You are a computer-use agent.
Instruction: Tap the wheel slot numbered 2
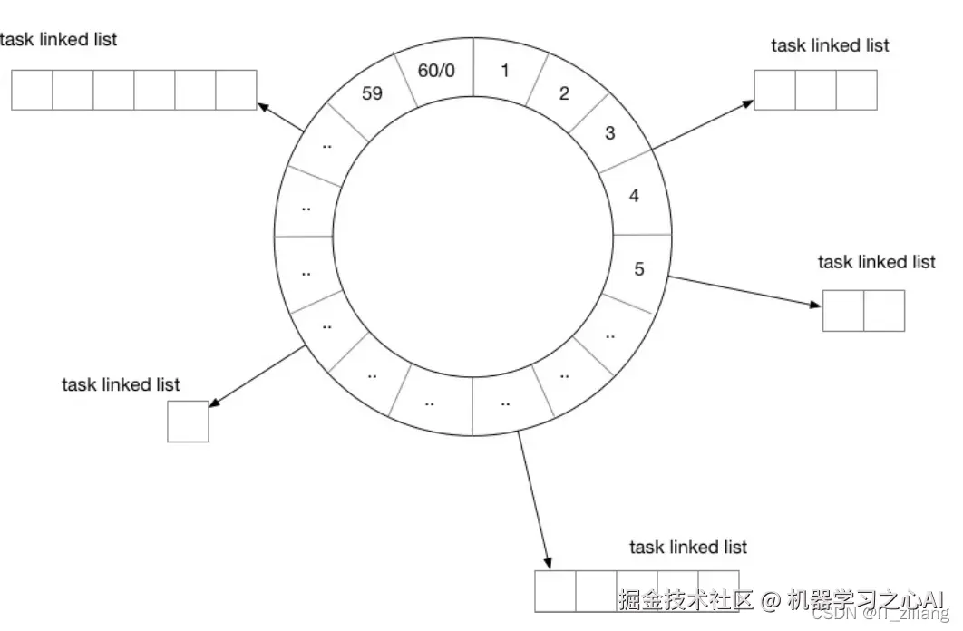(564, 92)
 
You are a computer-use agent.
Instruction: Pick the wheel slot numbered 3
(609, 133)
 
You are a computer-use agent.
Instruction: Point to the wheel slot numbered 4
(634, 195)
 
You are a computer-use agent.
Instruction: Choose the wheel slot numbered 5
(638, 269)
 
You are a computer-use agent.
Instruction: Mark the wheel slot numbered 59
(372, 92)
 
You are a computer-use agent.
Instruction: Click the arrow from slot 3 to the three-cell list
(704, 124)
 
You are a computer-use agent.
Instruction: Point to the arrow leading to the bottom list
(534, 500)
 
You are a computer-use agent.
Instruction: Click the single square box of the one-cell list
(188, 422)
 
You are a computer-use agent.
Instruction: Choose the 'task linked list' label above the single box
(121, 384)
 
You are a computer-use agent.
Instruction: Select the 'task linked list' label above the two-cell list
(876, 262)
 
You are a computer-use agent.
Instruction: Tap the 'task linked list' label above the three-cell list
(830, 45)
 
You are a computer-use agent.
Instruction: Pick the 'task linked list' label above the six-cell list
(59, 40)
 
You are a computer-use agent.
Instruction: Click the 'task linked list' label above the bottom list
(688, 547)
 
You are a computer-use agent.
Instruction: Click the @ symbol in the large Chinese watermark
(770, 600)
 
